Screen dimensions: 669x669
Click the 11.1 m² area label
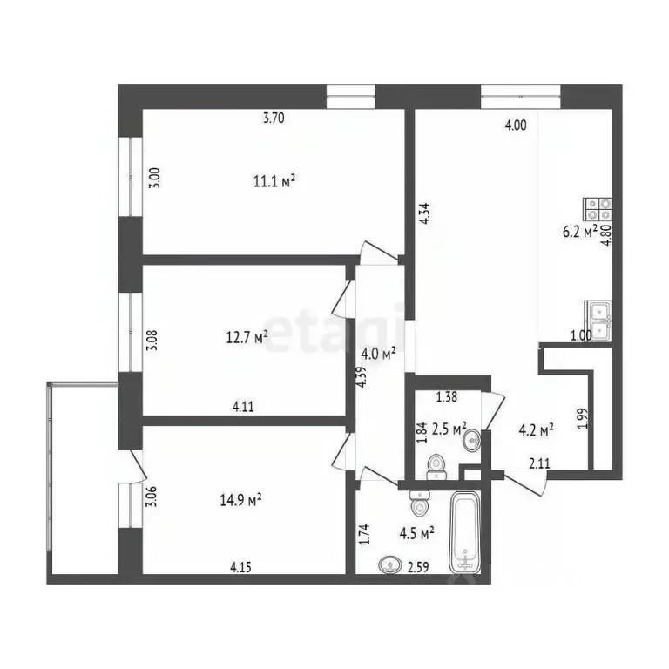tap(274, 180)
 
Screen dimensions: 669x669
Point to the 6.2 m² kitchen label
tap(578, 232)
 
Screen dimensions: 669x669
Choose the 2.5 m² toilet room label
tap(449, 428)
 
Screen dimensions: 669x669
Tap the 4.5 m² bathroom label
tap(416, 531)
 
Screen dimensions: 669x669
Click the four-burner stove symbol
tap(598, 209)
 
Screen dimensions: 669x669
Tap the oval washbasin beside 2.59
tap(391, 565)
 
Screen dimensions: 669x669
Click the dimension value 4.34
tap(424, 214)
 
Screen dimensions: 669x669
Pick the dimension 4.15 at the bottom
tap(241, 567)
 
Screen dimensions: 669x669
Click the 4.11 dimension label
tap(243, 405)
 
